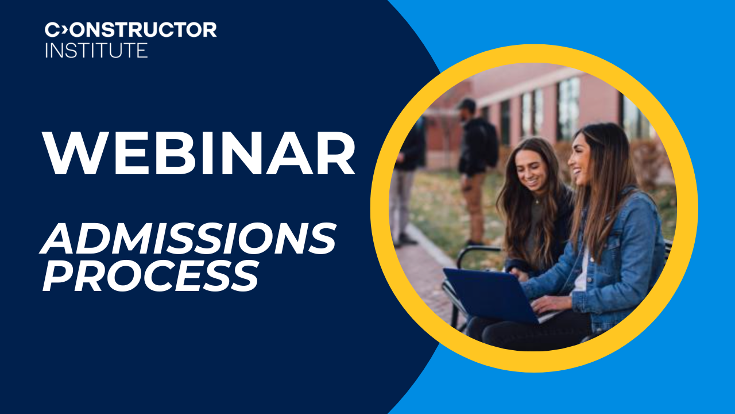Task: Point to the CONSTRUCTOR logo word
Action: (x=131, y=30)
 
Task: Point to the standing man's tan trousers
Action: (x=474, y=207)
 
